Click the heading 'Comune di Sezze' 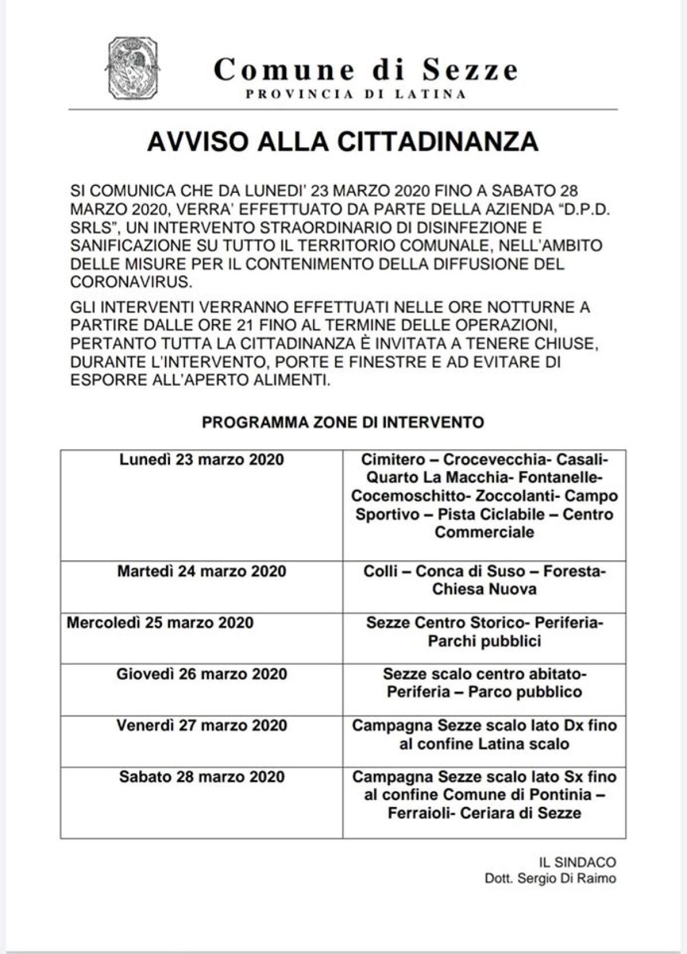[x=366, y=70]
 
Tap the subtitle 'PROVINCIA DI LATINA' [x=356, y=95]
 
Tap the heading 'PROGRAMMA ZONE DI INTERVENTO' [x=343, y=422]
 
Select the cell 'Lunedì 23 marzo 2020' [x=202, y=460]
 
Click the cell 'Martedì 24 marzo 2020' [x=202, y=571]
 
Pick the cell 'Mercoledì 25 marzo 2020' [x=160, y=623]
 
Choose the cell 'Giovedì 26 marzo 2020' [x=202, y=674]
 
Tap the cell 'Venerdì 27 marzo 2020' [x=202, y=726]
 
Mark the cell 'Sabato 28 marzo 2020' [x=202, y=777]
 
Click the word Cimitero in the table [x=393, y=460]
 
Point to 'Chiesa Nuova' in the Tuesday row [x=484, y=589]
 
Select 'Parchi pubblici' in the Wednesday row [x=484, y=641]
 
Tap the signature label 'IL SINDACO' [x=577, y=862]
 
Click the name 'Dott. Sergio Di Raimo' [x=550, y=878]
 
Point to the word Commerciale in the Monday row [x=484, y=532]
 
